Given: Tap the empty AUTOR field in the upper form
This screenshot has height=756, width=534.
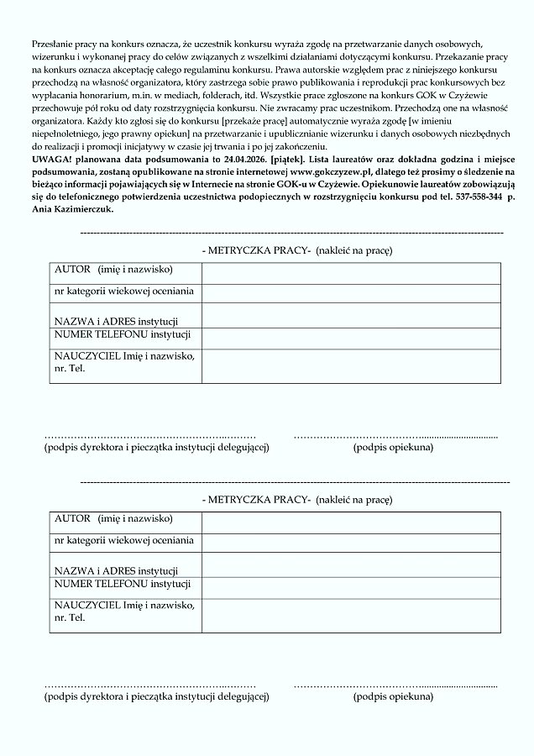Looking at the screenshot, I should [350, 273].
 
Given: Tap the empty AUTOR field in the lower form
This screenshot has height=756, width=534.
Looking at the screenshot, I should [350, 522].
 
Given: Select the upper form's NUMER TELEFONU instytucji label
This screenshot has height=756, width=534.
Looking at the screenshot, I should [123, 335].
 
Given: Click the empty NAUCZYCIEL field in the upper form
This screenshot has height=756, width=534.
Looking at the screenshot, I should [350, 365].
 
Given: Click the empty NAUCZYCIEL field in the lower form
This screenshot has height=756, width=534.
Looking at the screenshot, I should [350, 614].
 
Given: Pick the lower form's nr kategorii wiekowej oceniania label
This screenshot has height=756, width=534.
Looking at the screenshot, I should [123, 540].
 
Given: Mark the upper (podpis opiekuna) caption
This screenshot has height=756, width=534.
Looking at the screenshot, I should [393, 448].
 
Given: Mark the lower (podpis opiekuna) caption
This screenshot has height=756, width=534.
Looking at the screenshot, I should [393, 696].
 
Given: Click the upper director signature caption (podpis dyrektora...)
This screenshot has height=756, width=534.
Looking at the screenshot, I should [156, 448].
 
